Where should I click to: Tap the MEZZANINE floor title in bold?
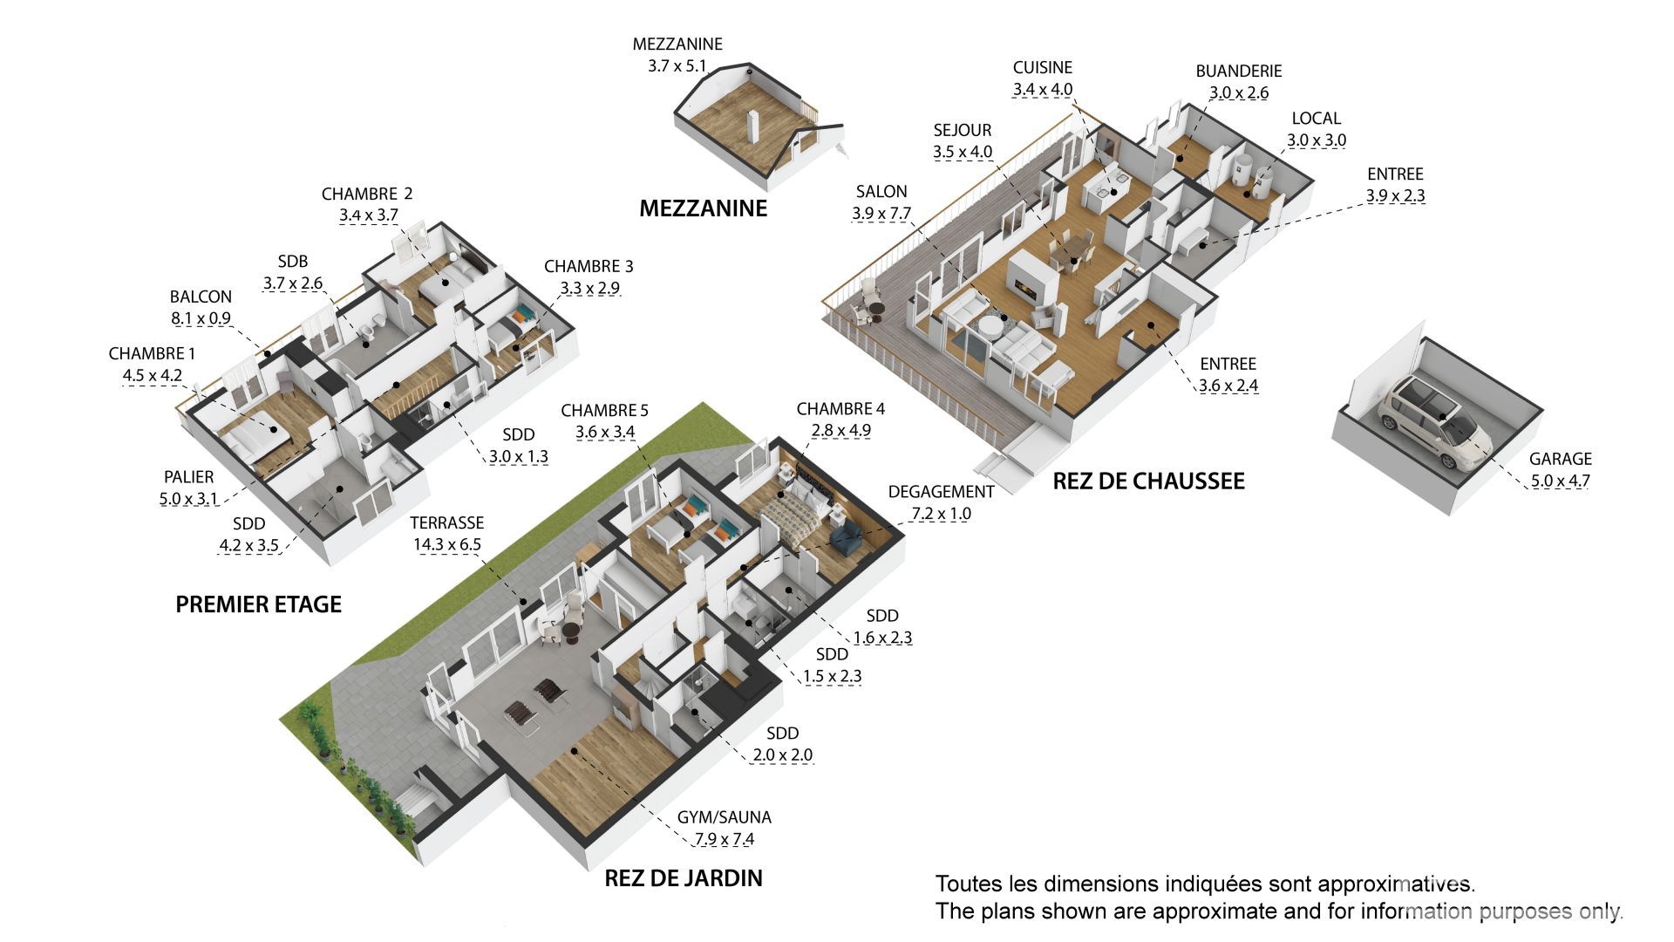pyautogui.click(x=703, y=208)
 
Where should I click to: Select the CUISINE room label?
pyautogui.click(x=1042, y=68)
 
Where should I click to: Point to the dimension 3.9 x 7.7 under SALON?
pyautogui.click(x=881, y=214)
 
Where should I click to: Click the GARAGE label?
pyautogui.click(x=1560, y=459)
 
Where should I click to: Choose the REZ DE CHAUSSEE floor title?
pyautogui.click(x=1148, y=481)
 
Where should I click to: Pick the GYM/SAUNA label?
pyautogui.click(x=724, y=818)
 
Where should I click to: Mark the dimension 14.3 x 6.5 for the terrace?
pyautogui.click(x=446, y=545)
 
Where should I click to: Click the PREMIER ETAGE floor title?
pyautogui.click(x=258, y=604)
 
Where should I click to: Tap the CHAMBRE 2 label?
pyautogui.click(x=367, y=194)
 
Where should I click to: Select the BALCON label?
pyautogui.click(x=201, y=297)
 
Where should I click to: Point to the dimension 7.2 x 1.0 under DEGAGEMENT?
pyautogui.click(x=941, y=514)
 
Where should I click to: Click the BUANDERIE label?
pyautogui.click(x=1238, y=72)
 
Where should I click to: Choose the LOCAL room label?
pyautogui.click(x=1316, y=119)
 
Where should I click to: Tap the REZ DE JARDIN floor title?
pyautogui.click(x=684, y=878)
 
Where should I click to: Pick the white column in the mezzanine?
pyautogui.click(x=754, y=127)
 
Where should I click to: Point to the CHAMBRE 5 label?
pyautogui.click(x=604, y=410)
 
